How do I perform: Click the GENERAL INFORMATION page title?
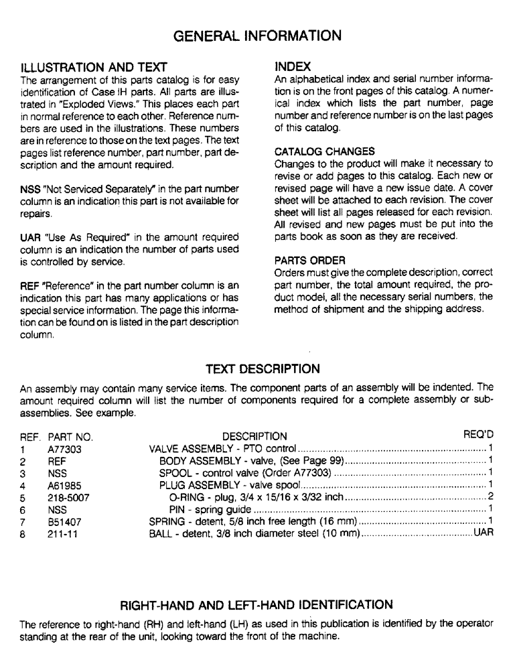click(258, 35)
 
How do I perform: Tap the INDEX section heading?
click(293, 66)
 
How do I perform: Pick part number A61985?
click(64, 485)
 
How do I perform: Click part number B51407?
click(64, 522)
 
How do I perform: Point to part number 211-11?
click(61, 534)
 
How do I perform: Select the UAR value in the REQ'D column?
click(484, 534)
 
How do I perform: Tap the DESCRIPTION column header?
click(254, 437)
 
